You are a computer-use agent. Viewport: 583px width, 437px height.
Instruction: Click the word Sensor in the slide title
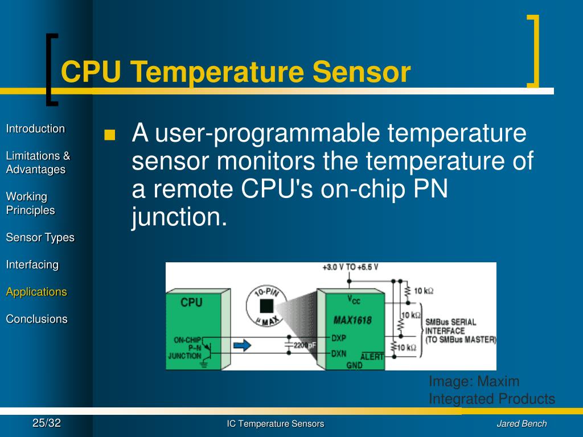[x=360, y=72]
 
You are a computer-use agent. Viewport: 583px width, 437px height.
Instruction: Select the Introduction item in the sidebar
[x=35, y=129]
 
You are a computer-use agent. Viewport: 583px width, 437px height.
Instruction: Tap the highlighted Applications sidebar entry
[x=36, y=292]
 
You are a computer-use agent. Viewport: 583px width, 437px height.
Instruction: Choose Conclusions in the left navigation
[x=36, y=319]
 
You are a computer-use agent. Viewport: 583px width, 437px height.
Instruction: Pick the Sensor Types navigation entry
[x=40, y=237]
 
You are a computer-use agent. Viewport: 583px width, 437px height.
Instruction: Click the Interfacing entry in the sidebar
[x=32, y=265]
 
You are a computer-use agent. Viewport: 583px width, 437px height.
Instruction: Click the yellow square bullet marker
[x=109, y=135]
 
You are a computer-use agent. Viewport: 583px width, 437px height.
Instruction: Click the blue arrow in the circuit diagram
[x=243, y=345]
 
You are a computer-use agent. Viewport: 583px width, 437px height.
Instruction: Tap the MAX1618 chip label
[x=352, y=320]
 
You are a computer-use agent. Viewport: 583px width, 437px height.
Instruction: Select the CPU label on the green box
[x=191, y=303]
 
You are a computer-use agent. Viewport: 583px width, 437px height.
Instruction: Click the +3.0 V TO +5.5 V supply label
[x=350, y=267]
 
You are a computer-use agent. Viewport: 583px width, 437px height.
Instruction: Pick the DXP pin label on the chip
[x=339, y=337]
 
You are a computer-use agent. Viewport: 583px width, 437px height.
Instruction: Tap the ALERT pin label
[x=372, y=356]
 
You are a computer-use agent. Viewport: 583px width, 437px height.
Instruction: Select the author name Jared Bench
[x=522, y=423]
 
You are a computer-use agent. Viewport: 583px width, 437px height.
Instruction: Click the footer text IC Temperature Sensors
[x=276, y=423]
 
